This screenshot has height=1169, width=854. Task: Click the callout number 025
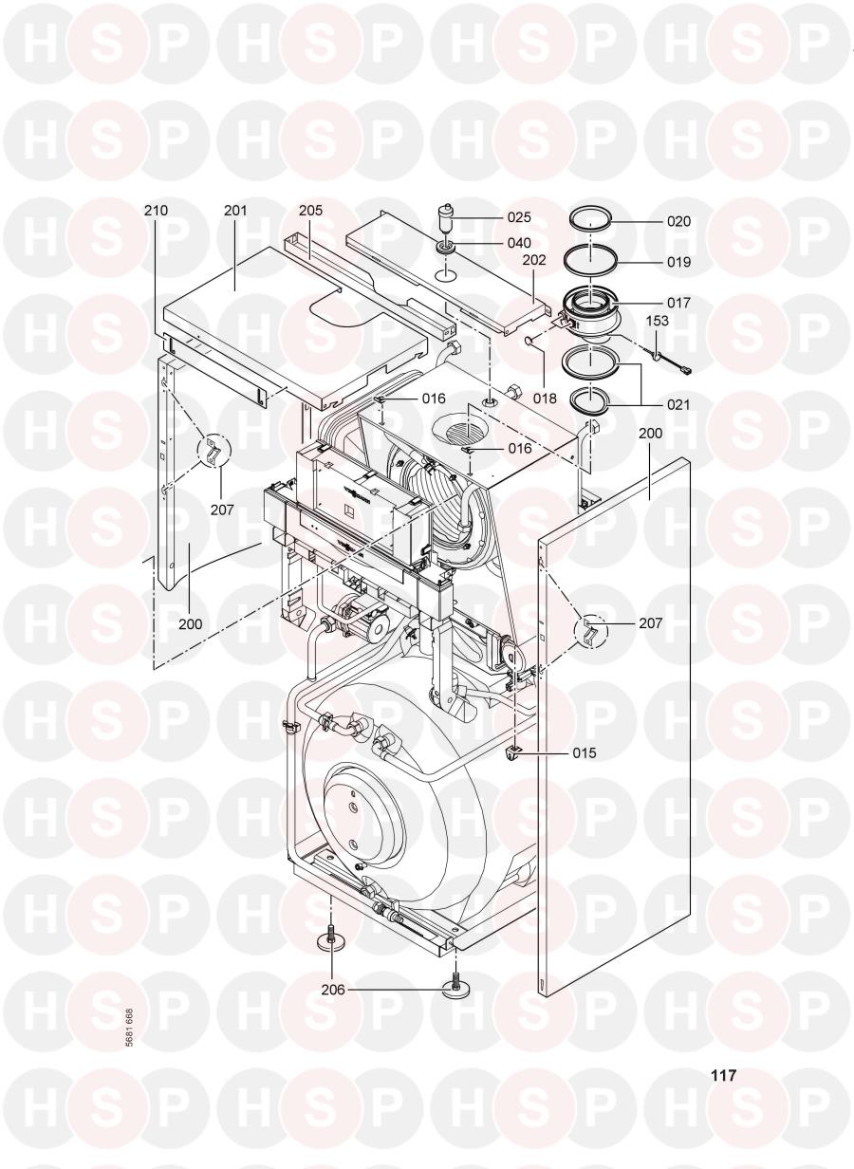(519, 217)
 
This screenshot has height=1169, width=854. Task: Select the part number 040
(519, 243)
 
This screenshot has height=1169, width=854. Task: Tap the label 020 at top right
(678, 221)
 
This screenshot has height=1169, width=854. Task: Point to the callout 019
(678, 262)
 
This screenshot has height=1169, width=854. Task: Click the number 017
(678, 303)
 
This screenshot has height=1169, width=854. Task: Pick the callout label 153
(657, 321)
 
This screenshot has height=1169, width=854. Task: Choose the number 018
(545, 399)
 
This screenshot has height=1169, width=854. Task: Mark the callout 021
(678, 404)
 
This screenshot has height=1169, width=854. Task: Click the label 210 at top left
(156, 211)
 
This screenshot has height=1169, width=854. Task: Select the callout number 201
(235, 211)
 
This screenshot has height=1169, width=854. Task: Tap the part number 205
(310, 211)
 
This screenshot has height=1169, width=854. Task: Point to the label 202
(533, 259)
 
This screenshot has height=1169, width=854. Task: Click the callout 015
(584, 752)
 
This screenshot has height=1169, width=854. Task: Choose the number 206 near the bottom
(333, 989)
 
